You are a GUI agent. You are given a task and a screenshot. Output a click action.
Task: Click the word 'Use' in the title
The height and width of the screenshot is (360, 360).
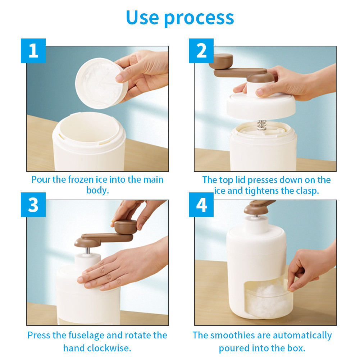click(142, 18)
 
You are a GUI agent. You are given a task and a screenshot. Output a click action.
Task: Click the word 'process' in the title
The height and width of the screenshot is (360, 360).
click(199, 19)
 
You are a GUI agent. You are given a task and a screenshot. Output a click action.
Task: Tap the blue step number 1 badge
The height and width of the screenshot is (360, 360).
click(33, 51)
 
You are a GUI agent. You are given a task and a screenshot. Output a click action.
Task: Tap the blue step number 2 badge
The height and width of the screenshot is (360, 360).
click(201, 51)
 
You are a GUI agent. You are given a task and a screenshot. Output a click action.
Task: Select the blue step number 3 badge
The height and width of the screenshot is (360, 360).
click(33, 205)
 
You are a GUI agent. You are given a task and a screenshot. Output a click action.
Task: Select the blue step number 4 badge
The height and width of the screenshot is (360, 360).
click(201, 205)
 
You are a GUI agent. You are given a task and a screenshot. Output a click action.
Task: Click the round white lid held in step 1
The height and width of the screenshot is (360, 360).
click(101, 83)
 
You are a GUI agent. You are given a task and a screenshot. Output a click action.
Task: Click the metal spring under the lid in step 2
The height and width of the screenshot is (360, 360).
click(261, 125)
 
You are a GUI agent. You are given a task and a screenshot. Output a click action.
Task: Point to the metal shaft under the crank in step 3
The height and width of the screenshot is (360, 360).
click(88, 250)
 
